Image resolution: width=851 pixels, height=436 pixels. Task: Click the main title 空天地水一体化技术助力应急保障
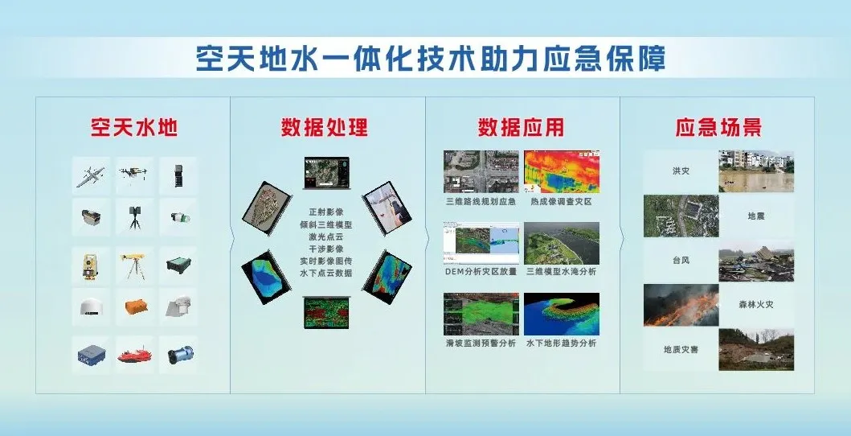pyautogui.click(x=431, y=59)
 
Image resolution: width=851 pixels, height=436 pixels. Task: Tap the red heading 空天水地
pyautogui.click(x=134, y=127)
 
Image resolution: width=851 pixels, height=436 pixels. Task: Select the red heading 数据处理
pyautogui.click(x=325, y=127)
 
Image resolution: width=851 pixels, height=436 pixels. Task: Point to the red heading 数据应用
pyautogui.click(x=521, y=127)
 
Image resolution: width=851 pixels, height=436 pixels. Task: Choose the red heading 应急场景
pyautogui.click(x=718, y=127)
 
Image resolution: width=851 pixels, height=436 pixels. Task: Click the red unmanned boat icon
pyautogui.click(x=134, y=356)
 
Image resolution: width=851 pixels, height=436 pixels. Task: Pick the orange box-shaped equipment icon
pyautogui.click(x=134, y=307)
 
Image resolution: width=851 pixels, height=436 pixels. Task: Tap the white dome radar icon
pyautogui.click(x=91, y=307)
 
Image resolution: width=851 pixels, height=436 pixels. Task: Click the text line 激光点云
pyautogui.click(x=326, y=237)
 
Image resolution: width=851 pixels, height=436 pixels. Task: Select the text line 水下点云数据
pyautogui.click(x=326, y=274)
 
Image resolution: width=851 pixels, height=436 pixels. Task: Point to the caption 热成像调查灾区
pyautogui.click(x=561, y=201)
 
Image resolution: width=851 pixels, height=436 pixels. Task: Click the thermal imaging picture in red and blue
pyautogui.click(x=561, y=171)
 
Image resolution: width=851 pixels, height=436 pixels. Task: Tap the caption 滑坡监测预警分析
pyautogui.click(x=481, y=343)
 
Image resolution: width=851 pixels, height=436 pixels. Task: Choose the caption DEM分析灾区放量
pyautogui.click(x=481, y=271)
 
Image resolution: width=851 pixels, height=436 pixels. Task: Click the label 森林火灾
pyautogui.click(x=756, y=305)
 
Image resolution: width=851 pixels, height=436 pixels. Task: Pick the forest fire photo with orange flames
pyautogui.click(x=681, y=305)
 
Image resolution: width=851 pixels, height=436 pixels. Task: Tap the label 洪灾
pyautogui.click(x=681, y=171)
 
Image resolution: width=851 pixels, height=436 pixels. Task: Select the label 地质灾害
pyautogui.click(x=681, y=350)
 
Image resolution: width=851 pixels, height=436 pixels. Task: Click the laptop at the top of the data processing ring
pyautogui.click(x=326, y=173)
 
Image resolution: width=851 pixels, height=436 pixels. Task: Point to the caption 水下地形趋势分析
pyautogui.click(x=561, y=343)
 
